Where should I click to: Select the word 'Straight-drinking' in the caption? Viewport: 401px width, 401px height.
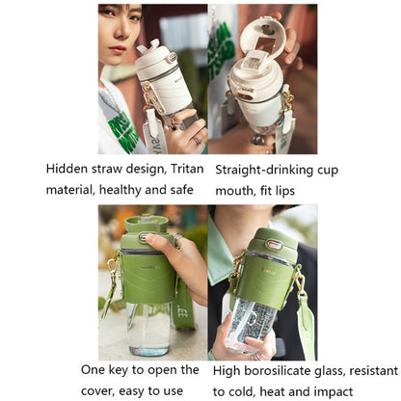tap(266, 168)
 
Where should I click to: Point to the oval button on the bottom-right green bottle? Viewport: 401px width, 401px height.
tap(273, 244)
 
